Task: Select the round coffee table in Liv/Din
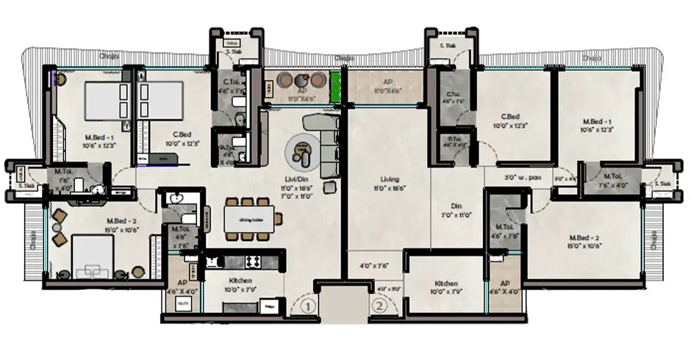[x=301, y=152]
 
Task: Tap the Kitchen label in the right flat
[x=446, y=284]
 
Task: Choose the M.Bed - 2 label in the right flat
[x=585, y=237]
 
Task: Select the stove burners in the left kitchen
[x=251, y=259]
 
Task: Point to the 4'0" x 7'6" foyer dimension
[x=374, y=265]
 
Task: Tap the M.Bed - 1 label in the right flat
[x=595, y=123]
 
